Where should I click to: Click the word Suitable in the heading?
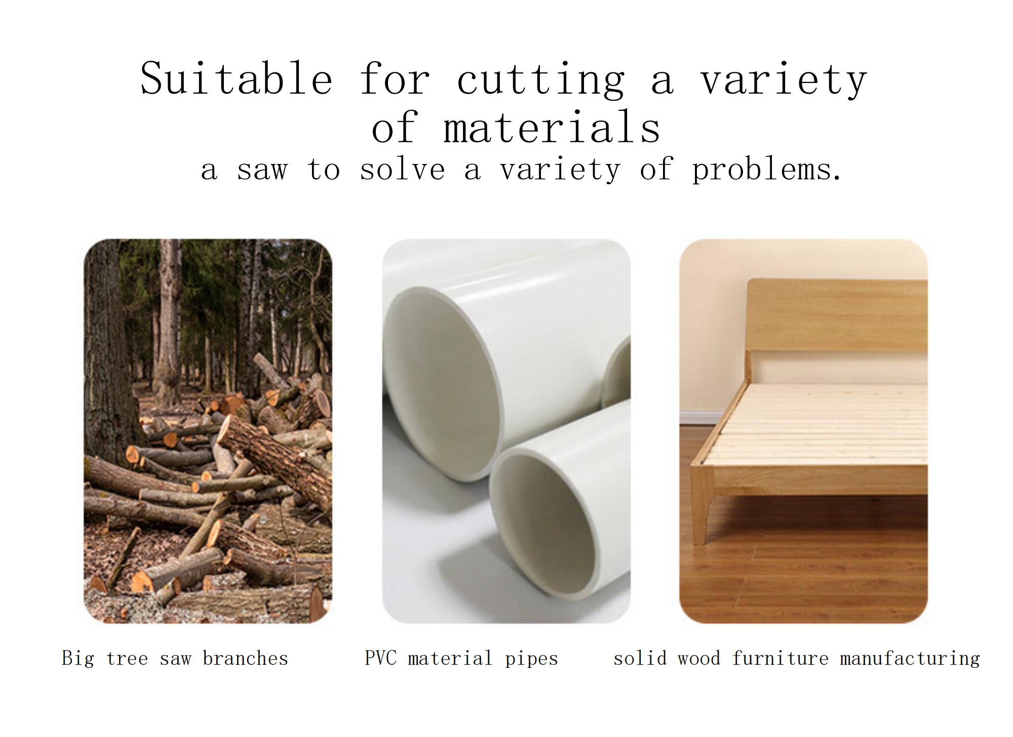236,78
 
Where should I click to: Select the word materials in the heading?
552,128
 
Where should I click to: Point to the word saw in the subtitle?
262,170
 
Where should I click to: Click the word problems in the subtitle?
766,171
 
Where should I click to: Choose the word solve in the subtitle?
402,170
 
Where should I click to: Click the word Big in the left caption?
77,659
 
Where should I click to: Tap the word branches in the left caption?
245,659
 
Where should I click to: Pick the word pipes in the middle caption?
531,659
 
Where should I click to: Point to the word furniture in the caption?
780,659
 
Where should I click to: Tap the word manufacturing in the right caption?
910,659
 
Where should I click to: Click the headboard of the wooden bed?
836,314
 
